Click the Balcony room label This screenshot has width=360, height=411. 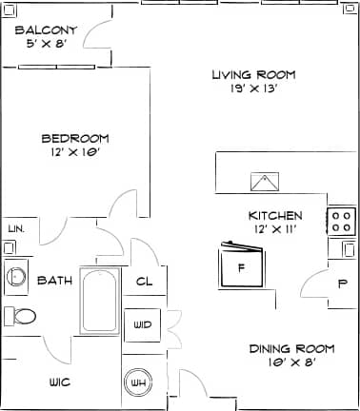click(47, 29)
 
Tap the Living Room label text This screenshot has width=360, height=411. click(253, 74)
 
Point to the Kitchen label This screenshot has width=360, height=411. click(275, 215)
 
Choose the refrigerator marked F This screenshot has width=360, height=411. click(241, 267)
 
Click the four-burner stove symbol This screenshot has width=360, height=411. click(341, 222)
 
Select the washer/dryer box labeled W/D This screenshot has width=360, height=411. click(143, 324)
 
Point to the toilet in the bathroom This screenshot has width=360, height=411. click(21, 316)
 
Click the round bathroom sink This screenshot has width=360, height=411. click(15, 277)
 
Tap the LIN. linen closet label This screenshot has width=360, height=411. click(15, 229)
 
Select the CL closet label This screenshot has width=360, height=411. click(145, 281)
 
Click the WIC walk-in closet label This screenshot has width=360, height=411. click(60, 382)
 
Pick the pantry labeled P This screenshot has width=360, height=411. click(342, 284)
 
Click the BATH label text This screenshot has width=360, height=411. click(54, 281)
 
